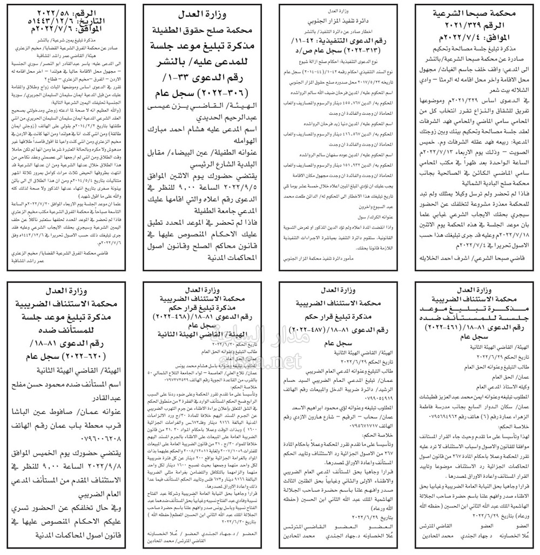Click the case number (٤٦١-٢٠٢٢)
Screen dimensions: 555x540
455,328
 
